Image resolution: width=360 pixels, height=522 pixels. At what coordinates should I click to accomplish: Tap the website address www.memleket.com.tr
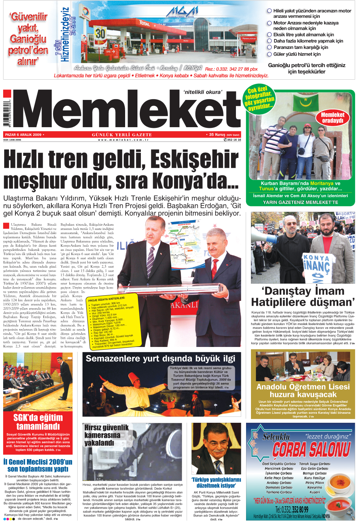(x=123, y=140)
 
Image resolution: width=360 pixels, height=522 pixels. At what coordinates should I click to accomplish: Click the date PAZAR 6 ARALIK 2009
(x=24, y=135)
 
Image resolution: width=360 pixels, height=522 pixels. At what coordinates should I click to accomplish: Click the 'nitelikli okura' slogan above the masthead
(x=202, y=92)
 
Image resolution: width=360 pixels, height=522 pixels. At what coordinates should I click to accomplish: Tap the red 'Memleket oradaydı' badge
(x=332, y=118)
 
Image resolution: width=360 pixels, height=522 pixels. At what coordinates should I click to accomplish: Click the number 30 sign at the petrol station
(x=100, y=34)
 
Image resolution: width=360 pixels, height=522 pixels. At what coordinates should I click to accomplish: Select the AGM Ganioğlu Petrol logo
(x=181, y=13)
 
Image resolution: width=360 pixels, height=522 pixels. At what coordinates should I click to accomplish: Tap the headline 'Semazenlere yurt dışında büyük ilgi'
(x=160, y=359)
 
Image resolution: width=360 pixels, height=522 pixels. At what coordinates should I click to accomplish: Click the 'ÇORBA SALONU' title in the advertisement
(x=311, y=449)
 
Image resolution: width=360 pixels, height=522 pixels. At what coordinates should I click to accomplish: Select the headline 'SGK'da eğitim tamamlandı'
(x=38, y=422)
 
